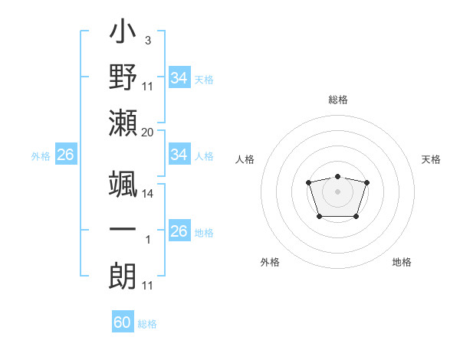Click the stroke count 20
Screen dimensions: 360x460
147,132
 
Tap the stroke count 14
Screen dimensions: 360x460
147,194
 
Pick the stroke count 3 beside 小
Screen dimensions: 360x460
147,40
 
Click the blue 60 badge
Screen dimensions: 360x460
123,322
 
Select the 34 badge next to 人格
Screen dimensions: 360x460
179,155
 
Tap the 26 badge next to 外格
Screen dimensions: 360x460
65,155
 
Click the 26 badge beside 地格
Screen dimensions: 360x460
179,231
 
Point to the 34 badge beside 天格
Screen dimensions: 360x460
179,77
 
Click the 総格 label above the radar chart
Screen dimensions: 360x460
337,100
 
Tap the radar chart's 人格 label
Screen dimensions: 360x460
245,159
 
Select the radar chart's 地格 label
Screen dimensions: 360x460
402,262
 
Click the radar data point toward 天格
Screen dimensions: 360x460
366,182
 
